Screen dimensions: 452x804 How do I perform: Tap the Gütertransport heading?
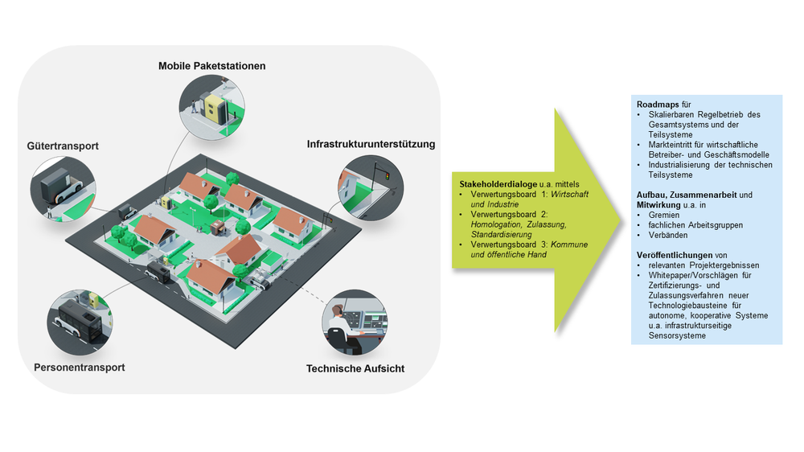point(64,147)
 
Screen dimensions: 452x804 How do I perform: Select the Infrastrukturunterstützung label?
point(371,145)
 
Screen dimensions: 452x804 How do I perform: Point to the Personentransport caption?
point(80,368)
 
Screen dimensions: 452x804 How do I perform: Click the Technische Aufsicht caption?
point(355,368)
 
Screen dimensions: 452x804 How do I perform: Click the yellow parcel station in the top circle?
point(212,108)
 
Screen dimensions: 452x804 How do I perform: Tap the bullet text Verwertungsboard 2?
point(509,216)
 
